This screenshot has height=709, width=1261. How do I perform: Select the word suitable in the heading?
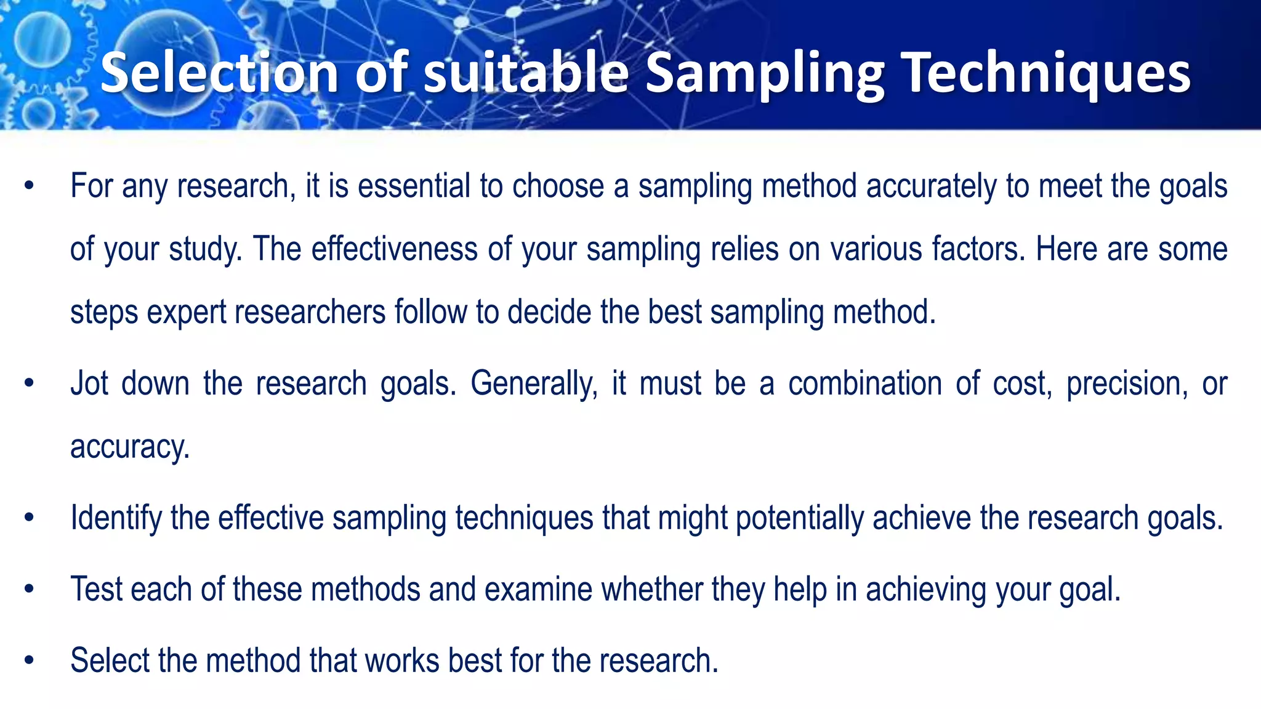(525, 73)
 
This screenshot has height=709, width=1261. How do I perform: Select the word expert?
(187, 312)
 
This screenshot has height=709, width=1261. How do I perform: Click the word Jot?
(89, 383)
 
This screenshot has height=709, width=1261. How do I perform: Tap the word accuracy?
(129, 447)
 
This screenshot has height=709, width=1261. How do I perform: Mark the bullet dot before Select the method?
(28, 661)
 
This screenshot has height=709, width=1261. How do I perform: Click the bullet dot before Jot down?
(28, 384)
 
